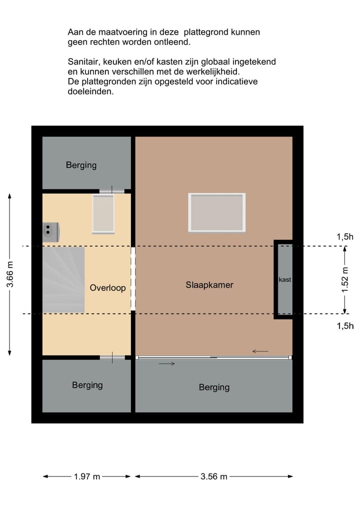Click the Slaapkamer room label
pyautogui.click(x=209, y=285)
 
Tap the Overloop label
pyautogui.click(x=107, y=288)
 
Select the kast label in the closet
pyautogui.click(x=284, y=280)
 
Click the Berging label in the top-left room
pyautogui.click(x=81, y=165)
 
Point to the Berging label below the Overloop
pyautogui.click(x=87, y=385)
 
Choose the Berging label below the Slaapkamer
pyautogui.click(x=214, y=387)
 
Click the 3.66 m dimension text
pyautogui.click(x=10, y=275)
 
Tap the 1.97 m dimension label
pyautogui.click(x=87, y=477)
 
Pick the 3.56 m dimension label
pyautogui.click(x=214, y=477)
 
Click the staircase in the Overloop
pyautogui.click(x=63, y=280)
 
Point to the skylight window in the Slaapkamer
pyautogui.click(x=216, y=212)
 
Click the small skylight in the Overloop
pyautogui.click(x=103, y=214)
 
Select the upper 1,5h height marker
pyautogui.click(x=345, y=237)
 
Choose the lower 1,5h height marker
pyautogui.click(x=345, y=326)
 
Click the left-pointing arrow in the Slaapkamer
pyautogui.click(x=260, y=351)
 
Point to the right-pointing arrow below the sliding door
pyautogui.click(x=166, y=364)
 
